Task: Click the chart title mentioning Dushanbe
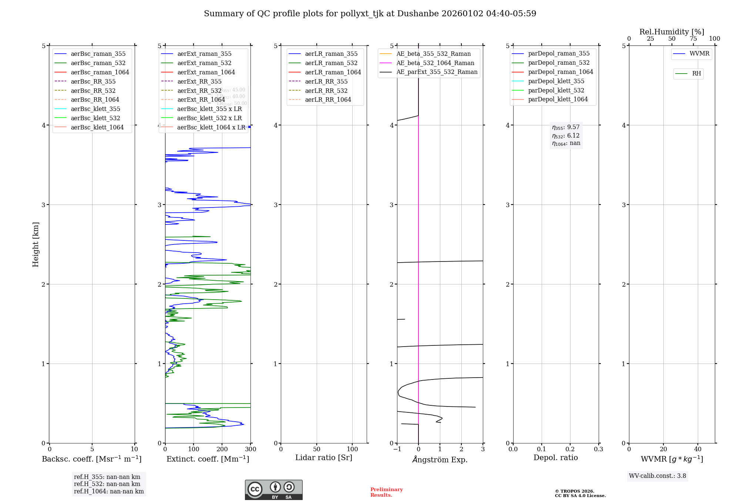pos(370,14)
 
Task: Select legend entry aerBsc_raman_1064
pos(100,72)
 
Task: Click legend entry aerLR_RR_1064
pos(328,99)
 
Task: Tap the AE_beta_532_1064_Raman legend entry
pos(435,63)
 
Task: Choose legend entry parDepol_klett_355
pos(556,81)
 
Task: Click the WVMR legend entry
pos(699,54)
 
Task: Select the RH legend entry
pos(696,74)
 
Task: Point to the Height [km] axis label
pos(36,244)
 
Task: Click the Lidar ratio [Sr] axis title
pos(324,458)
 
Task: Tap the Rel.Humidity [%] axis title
pos(672,32)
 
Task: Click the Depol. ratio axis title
pos(555,458)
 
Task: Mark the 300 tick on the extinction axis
pos(250,449)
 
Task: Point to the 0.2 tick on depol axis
pos(570,449)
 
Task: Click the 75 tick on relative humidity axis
pos(693,39)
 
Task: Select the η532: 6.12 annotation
pos(566,136)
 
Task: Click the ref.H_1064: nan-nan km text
pos(109,491)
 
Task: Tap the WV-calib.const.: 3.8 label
pos(657,476)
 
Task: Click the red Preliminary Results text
pos(386,492)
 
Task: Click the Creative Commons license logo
pos(273,490)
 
